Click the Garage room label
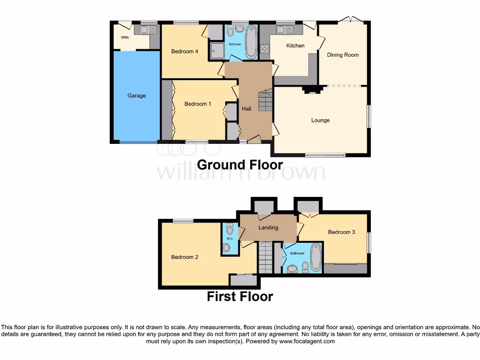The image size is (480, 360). (x=136, y=96)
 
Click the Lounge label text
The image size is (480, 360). (x=320, y=120)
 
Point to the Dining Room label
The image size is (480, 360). (x=343, y=55)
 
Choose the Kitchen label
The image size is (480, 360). (x=295, y=45)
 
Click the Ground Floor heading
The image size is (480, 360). (x=240, y=165)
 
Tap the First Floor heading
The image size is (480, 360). (x=240, y=297)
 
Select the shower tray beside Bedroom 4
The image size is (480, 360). (x=217, y=51)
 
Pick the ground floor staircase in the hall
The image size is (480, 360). (x=265, y=101)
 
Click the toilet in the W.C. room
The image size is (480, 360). (x=229, y=229)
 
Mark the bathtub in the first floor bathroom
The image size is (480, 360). (x=315, y=257)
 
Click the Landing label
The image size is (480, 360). (x=268, y=228)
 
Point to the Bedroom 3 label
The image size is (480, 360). (x=341, y=232)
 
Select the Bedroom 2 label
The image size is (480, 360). (x=185, y=257)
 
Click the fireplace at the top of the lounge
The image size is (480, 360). (x=311, y=90)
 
